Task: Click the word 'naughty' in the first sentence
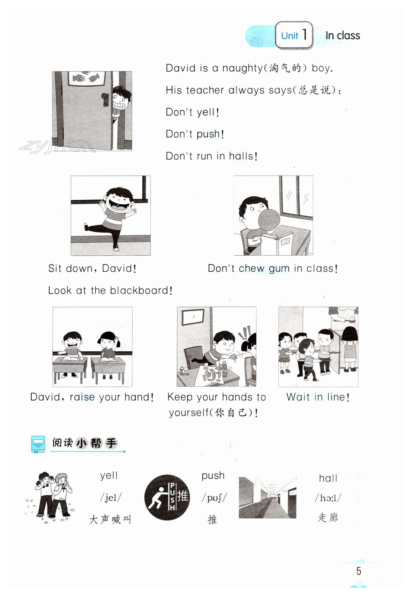click(x=242, y=68)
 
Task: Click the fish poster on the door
click(x=86, y=78)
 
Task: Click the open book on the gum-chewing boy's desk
click(x=277, y=242)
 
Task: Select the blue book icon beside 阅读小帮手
click(x=38, y=445)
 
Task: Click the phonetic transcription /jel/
click(x=111, y=498)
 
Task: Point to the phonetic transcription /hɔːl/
click(x=328, y=498)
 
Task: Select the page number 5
click(x=359, y=571)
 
